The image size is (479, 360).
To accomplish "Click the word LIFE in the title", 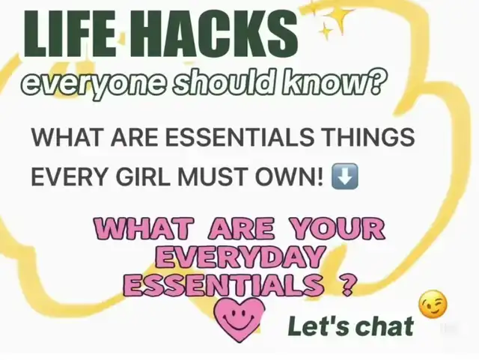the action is (70, 34).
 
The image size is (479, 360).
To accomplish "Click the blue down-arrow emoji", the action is (345, 177).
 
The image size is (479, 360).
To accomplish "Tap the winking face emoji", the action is (433, 304).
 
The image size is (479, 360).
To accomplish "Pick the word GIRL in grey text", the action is (143, 177).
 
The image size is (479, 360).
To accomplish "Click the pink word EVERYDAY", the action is (239, 256).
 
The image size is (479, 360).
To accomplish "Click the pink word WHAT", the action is (144, 228).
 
